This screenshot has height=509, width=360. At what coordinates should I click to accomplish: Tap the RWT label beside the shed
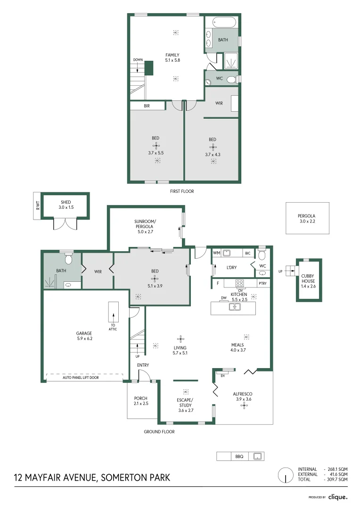coord(36,206)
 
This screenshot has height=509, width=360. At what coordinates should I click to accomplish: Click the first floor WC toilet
coord(231,80)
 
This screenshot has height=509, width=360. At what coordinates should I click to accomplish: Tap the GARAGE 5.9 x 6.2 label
coord(84,336)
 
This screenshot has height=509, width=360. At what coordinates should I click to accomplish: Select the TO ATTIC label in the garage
coord(114,327)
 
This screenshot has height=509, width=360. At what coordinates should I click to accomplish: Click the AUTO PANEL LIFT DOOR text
coord(81,378)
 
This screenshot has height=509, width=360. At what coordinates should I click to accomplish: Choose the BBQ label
coord(239,456)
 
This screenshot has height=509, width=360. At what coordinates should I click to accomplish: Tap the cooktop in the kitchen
coord(239,283)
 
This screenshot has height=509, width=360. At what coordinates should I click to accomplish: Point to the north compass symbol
coord(285,475)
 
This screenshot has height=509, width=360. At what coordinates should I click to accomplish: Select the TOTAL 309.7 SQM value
coord(337,479)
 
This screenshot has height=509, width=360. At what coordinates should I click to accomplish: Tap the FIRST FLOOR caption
coord(182,191)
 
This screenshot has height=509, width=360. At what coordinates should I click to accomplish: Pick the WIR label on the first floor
coord(219,103)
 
